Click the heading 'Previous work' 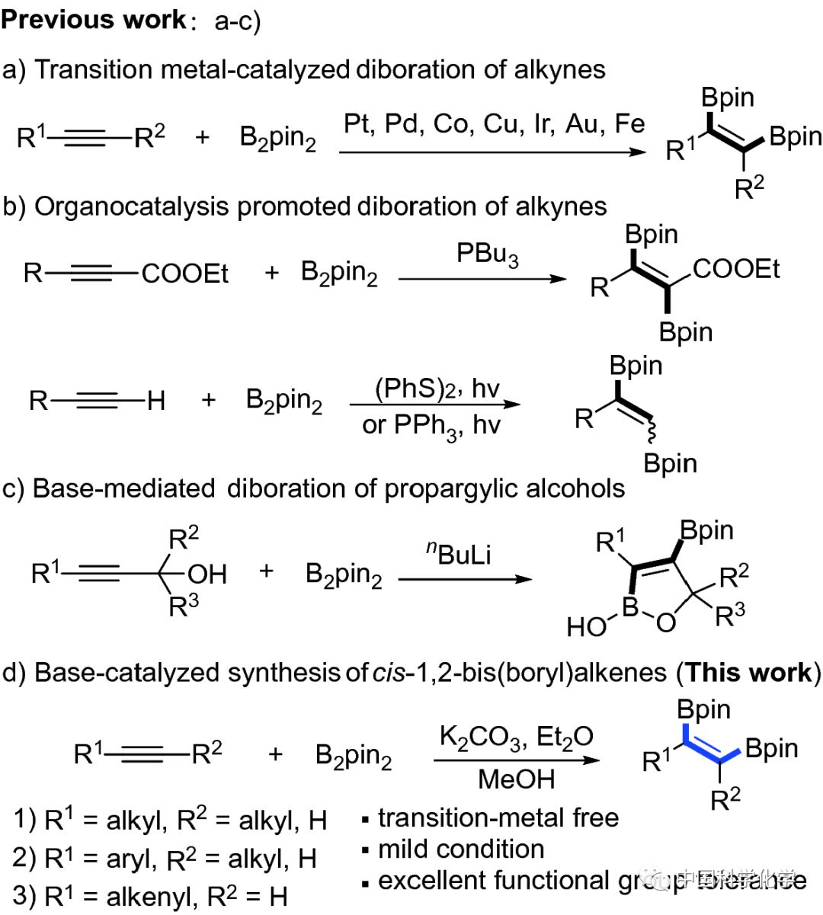93,19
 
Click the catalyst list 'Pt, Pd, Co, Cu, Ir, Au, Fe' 494,123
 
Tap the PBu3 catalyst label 488,254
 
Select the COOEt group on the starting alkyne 185,273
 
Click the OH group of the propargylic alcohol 207,573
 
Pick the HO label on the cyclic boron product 585,627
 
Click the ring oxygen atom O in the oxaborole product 665,623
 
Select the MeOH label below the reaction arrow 516,779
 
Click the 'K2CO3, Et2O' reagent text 516,737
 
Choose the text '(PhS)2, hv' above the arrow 437,389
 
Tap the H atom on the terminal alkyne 155,400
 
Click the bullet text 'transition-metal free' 498,817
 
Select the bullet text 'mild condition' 461,849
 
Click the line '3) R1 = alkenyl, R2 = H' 151,896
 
